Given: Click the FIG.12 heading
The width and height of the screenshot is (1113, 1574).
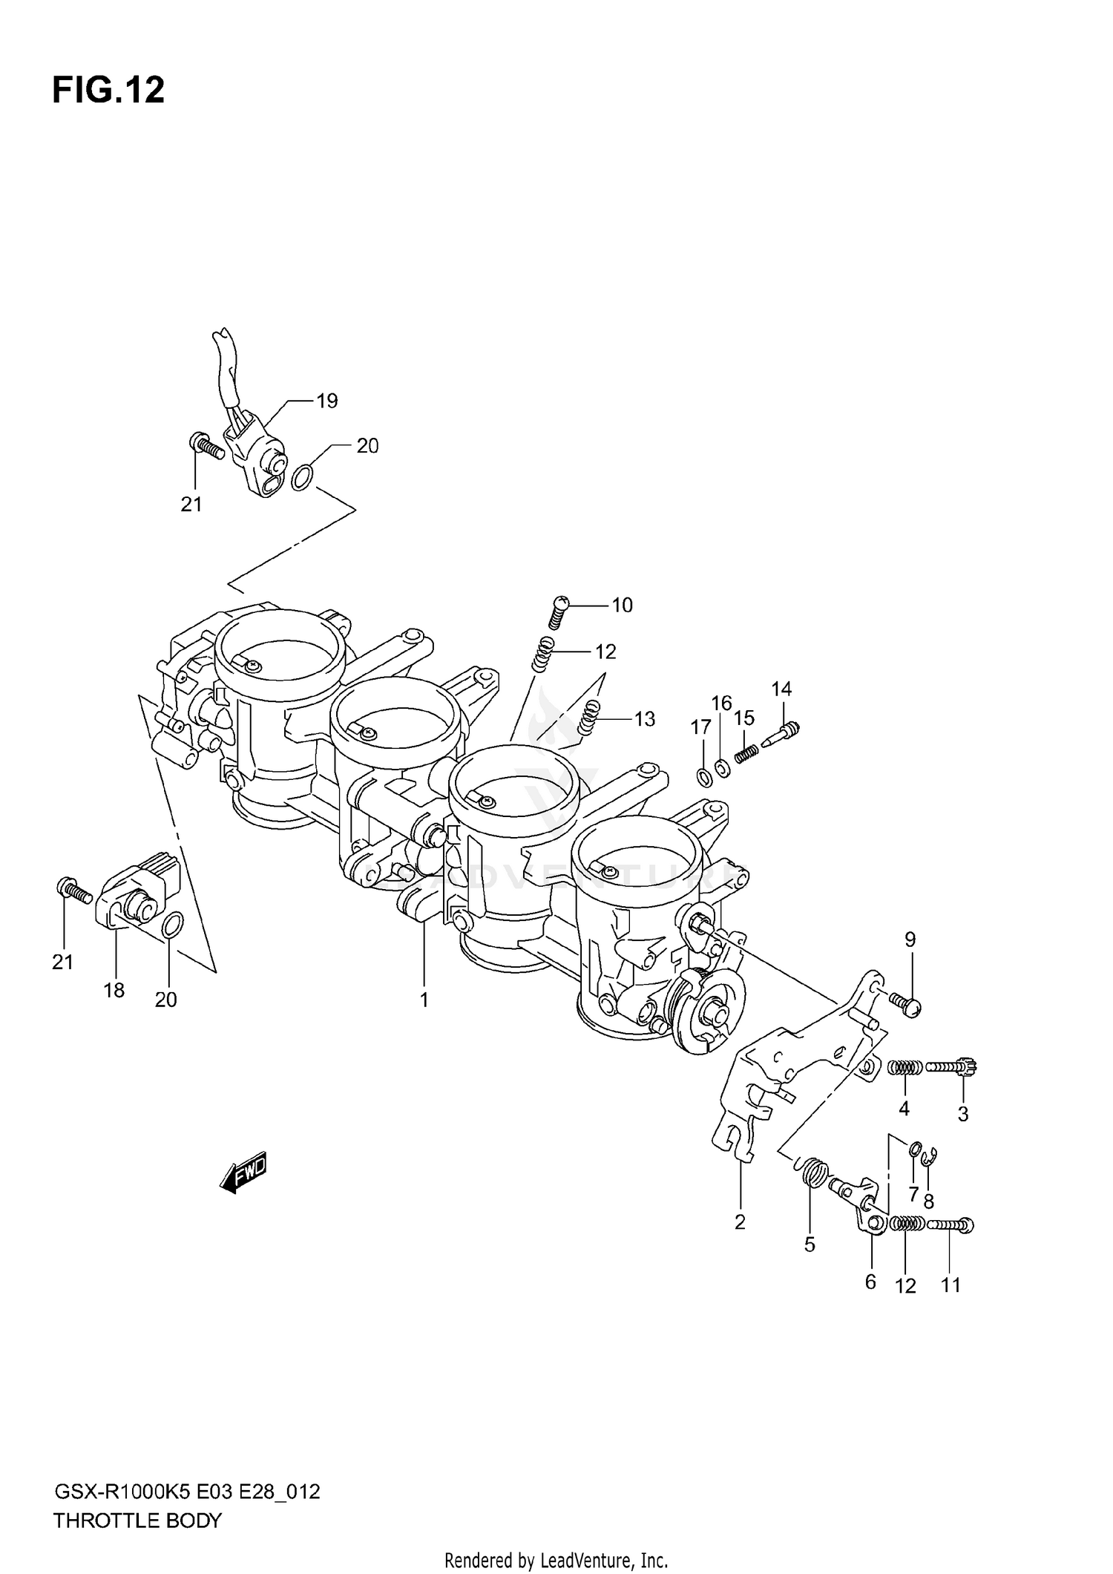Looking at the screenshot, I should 108,91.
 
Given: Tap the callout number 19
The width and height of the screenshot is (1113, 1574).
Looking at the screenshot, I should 326,401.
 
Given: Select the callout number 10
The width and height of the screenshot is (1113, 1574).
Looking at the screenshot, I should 622,606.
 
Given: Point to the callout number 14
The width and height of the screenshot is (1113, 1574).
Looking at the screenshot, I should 781,689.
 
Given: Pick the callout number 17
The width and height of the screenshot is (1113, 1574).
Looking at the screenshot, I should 700,727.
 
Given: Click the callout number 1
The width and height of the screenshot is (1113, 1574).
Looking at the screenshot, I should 424,1000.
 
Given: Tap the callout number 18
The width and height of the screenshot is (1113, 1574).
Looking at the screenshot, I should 114,990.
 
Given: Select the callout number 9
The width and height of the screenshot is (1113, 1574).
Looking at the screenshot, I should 910,940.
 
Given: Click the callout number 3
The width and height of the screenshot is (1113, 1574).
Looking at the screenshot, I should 962,1114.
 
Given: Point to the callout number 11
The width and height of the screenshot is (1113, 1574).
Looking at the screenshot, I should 951,1285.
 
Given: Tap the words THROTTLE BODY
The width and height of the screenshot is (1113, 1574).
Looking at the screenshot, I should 137,1521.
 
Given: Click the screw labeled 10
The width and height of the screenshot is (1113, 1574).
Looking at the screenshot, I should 559,612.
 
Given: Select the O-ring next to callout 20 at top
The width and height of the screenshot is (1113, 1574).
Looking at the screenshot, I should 301,478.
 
